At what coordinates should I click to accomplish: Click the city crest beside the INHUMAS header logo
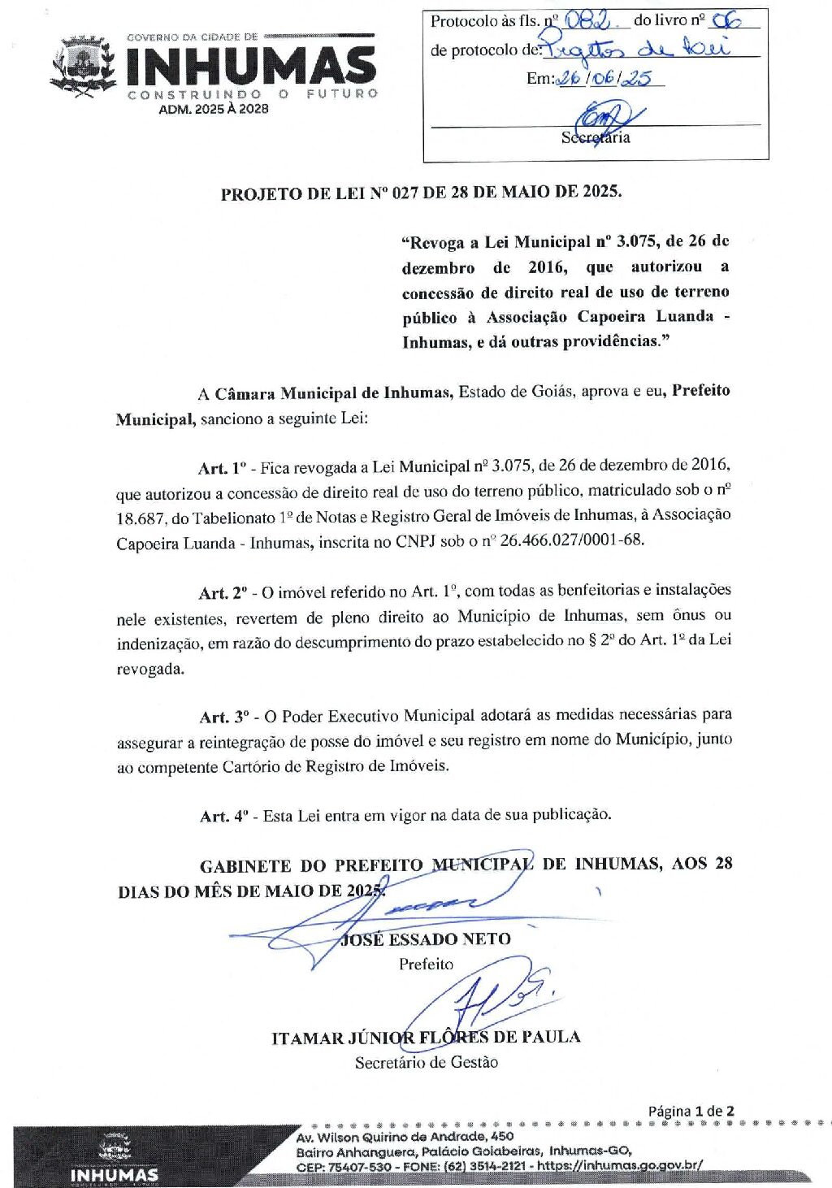(83, 67)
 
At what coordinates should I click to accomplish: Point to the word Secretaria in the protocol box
(596, 137)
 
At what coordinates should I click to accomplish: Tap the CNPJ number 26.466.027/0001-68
(571, 540)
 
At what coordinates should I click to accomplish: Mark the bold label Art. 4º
(223, 816)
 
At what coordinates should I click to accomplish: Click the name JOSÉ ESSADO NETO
(427, 939)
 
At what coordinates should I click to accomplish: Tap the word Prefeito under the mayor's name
(426, 965)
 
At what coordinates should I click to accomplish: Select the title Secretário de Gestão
(426, 1062)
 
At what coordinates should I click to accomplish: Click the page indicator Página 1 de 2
(691, 1111)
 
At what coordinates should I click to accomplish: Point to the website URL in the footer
(619, 1165)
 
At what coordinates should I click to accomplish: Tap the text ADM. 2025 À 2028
(214, 109)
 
